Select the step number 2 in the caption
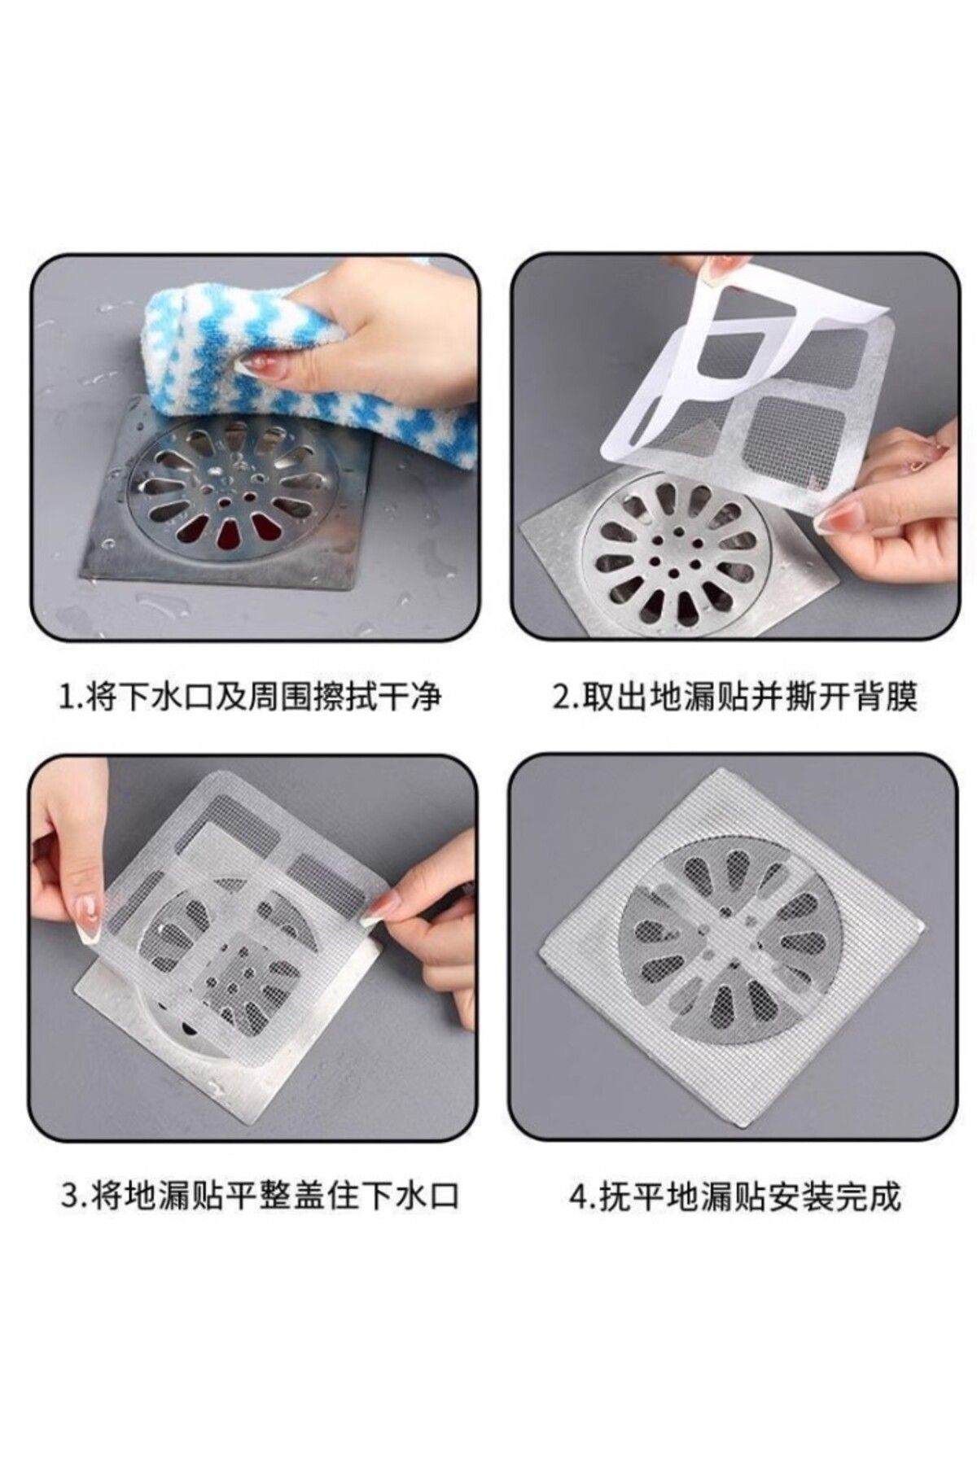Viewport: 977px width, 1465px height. (x=561, y=698)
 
